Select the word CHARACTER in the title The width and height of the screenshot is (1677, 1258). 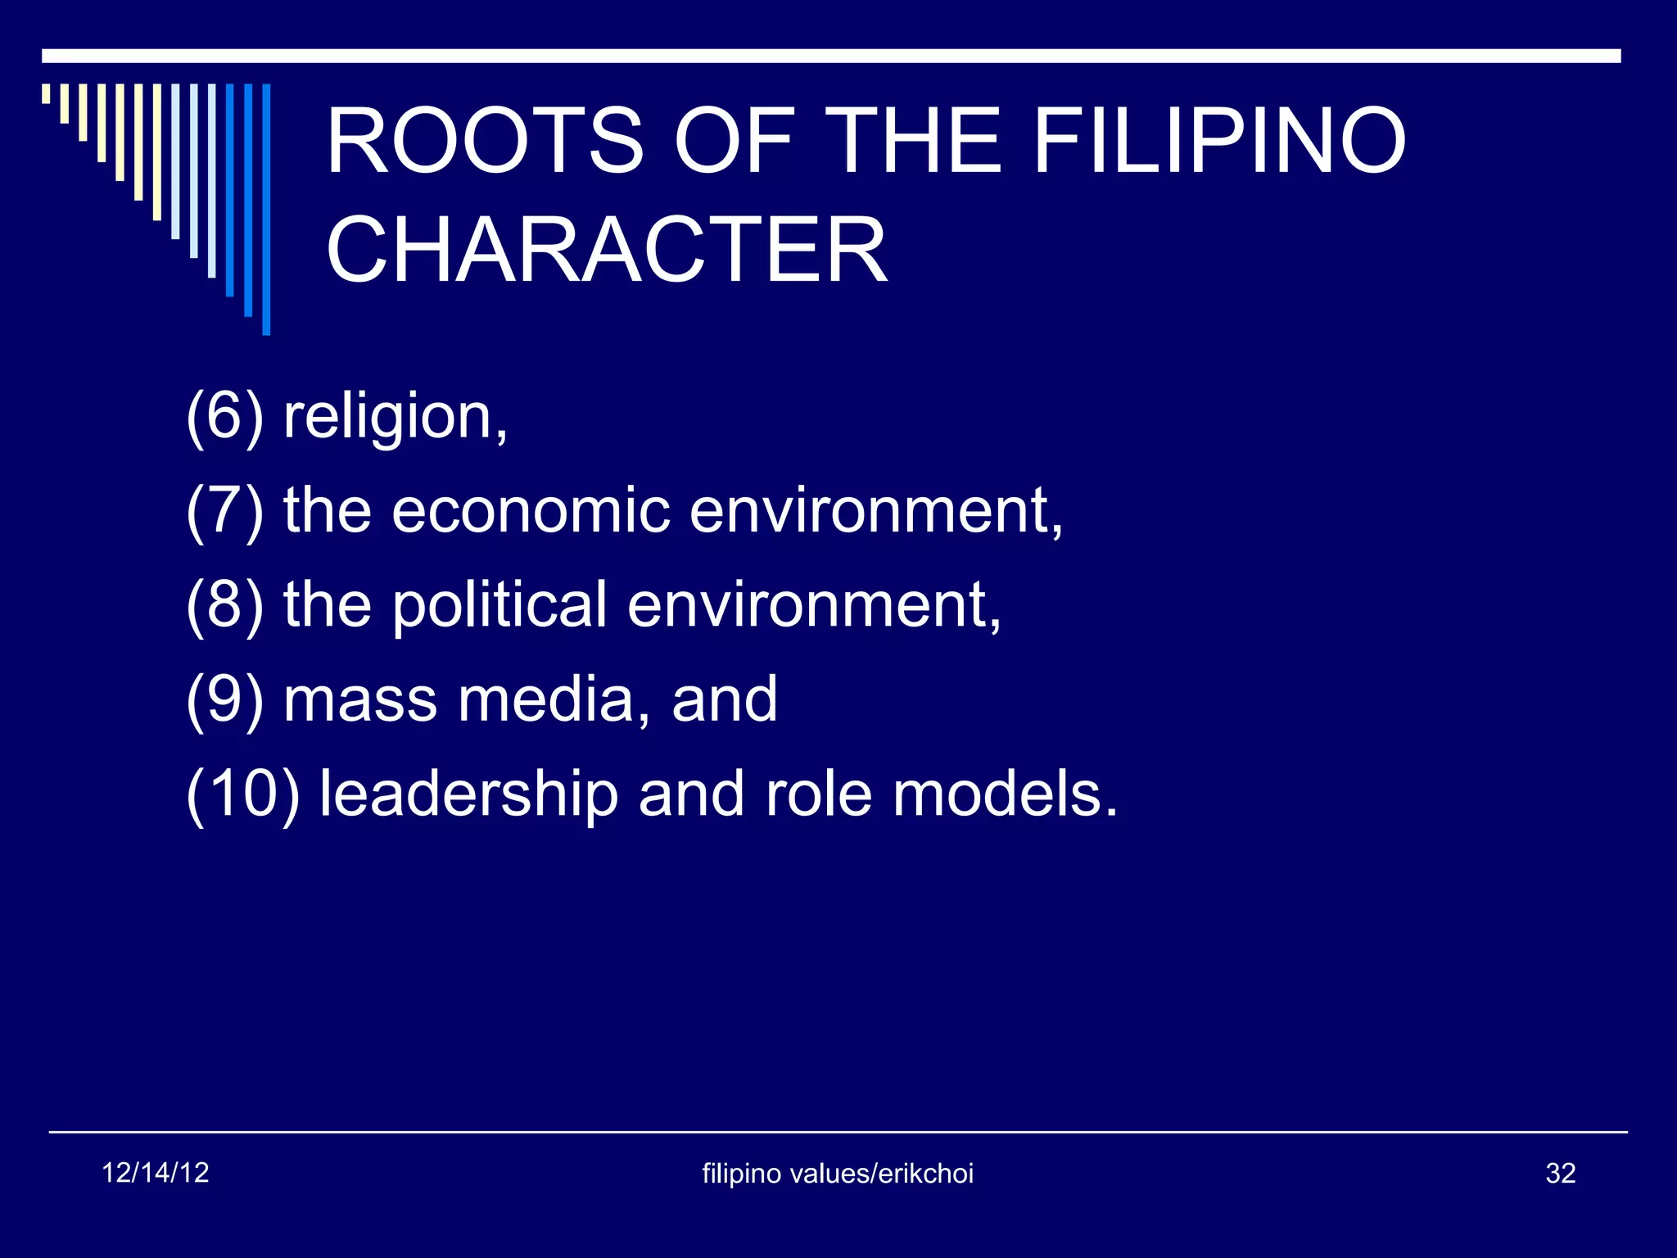tap(606, 250)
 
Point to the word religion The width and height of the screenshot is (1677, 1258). tap(396, 418)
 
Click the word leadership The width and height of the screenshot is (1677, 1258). tap(468, 795)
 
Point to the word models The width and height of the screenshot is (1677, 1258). tap(1005, 794)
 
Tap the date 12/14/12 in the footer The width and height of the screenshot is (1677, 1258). tap(155, 1173)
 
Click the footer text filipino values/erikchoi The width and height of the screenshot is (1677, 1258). tap(838, 1174)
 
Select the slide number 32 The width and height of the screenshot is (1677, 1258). tap(1560, 1174)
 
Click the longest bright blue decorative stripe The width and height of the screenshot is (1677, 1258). tap(266, 209)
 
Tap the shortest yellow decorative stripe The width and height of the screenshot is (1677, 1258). tap(46, 93)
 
